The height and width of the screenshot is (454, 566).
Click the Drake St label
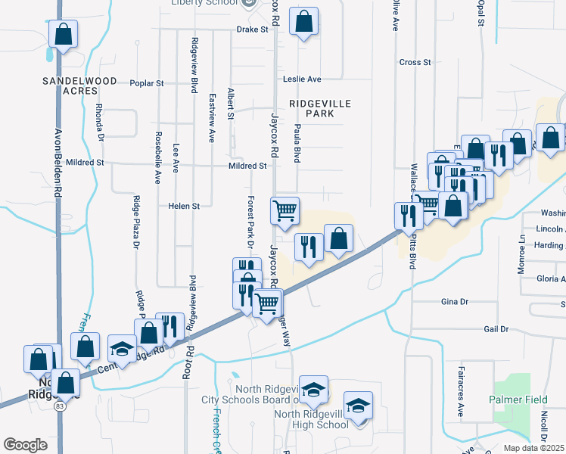tap(253, 30)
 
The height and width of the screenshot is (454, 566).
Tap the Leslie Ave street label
tap(302, 79)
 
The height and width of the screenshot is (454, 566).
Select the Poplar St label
tap(147, 83)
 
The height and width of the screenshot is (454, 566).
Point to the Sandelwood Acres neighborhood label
tap(79, 85)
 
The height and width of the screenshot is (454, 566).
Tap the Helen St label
tap(184, 206)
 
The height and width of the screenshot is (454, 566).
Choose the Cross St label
tap(415, 62)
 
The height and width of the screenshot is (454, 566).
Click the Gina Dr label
tap(455, 301)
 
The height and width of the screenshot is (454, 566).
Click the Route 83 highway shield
tap(58, 406)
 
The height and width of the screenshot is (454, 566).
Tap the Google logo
tap(25, 444)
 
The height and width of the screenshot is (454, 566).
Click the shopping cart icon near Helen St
tap(285, 210)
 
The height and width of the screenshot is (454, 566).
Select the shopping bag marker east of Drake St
tap(303, 21)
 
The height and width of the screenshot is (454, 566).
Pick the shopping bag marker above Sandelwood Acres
tap(63, 34)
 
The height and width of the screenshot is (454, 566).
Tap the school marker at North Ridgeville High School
tap(358, 405)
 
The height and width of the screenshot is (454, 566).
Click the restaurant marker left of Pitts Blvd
tap(408, 215)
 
